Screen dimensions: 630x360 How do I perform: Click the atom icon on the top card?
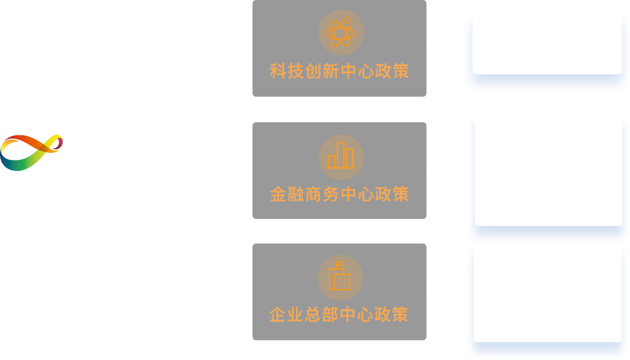point(340,32)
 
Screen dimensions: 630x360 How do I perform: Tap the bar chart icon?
point(340,155)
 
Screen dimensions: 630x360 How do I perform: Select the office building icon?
point(339,276)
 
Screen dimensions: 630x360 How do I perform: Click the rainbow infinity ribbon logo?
point(32,152)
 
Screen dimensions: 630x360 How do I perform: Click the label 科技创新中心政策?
point(339,71)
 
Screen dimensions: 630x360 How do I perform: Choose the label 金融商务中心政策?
point(339,194)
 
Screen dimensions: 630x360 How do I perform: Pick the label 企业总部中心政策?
point(339,314)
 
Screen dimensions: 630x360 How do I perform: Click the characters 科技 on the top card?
point(287,71)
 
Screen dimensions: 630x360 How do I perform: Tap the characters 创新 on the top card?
point(322,71)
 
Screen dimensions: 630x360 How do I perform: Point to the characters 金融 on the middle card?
point(287,194)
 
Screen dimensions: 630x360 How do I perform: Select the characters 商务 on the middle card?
point(322,194)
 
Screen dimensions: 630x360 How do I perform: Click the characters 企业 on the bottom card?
point(286,314)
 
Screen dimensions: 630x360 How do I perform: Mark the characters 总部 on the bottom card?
point(321,314)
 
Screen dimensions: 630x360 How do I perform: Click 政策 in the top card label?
point(392,71)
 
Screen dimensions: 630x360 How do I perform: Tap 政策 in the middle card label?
point(392,194)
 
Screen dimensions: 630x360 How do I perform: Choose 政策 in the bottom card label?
point(391,314)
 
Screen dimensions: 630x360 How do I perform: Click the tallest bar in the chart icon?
point(340,155)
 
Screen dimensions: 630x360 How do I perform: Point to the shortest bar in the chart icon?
point(332,162)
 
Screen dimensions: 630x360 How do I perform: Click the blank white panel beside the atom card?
point(548,43)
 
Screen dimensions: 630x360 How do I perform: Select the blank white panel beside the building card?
point(548,294)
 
